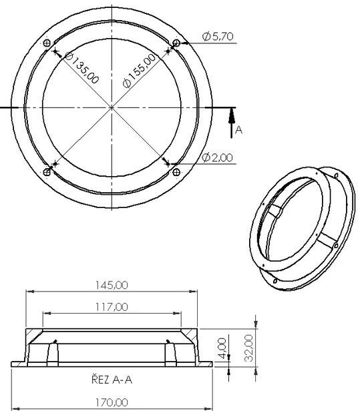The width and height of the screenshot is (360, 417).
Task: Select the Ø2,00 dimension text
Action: (218, 157)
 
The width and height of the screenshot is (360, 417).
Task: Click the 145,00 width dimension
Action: (112, 285)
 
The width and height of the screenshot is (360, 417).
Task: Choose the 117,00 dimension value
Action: (112, 307)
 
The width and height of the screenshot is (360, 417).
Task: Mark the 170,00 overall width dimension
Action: (112, 402)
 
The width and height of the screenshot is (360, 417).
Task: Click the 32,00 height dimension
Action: (248, 347)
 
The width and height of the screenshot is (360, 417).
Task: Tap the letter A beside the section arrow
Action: (238, 131)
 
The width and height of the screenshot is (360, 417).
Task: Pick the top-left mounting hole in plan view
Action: (47, 43)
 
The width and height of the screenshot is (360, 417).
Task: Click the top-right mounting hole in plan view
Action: (176, 43)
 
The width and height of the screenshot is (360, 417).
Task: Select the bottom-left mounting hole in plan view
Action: (47, 172)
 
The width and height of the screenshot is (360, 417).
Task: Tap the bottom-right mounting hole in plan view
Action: (176, 172)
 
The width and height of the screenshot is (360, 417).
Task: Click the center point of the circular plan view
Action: (112, 107)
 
